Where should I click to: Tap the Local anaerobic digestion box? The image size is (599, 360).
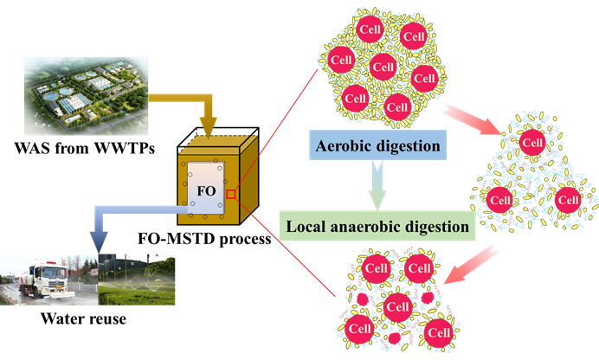click(377, 226)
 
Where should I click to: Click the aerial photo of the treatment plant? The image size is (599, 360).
click(86, 94)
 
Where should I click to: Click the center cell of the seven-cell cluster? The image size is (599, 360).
click(383, 67)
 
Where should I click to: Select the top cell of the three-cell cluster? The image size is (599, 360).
click(533, 142)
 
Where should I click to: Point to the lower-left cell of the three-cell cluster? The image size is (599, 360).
click(499, 199)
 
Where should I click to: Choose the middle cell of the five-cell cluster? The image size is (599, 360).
click(396, 305)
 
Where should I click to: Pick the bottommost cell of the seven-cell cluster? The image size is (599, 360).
click(396, 108)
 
